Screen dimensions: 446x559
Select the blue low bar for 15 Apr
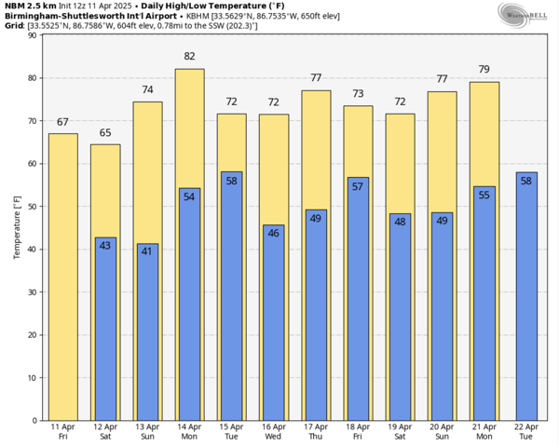(x=231, y=298)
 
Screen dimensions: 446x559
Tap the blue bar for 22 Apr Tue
(x=525, y=298)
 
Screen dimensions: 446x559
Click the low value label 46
(x=273, y=233)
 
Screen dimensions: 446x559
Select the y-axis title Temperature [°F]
(x=17, y=227)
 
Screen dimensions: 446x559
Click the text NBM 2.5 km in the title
(x=29, y=6)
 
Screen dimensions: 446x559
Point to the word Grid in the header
(x=13, y=25)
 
